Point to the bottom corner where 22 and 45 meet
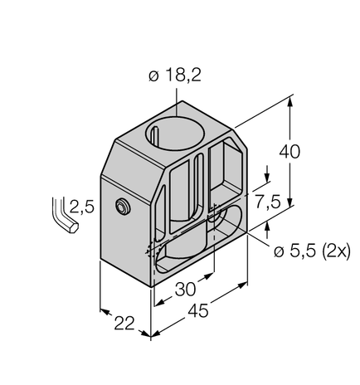coord(150,335)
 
